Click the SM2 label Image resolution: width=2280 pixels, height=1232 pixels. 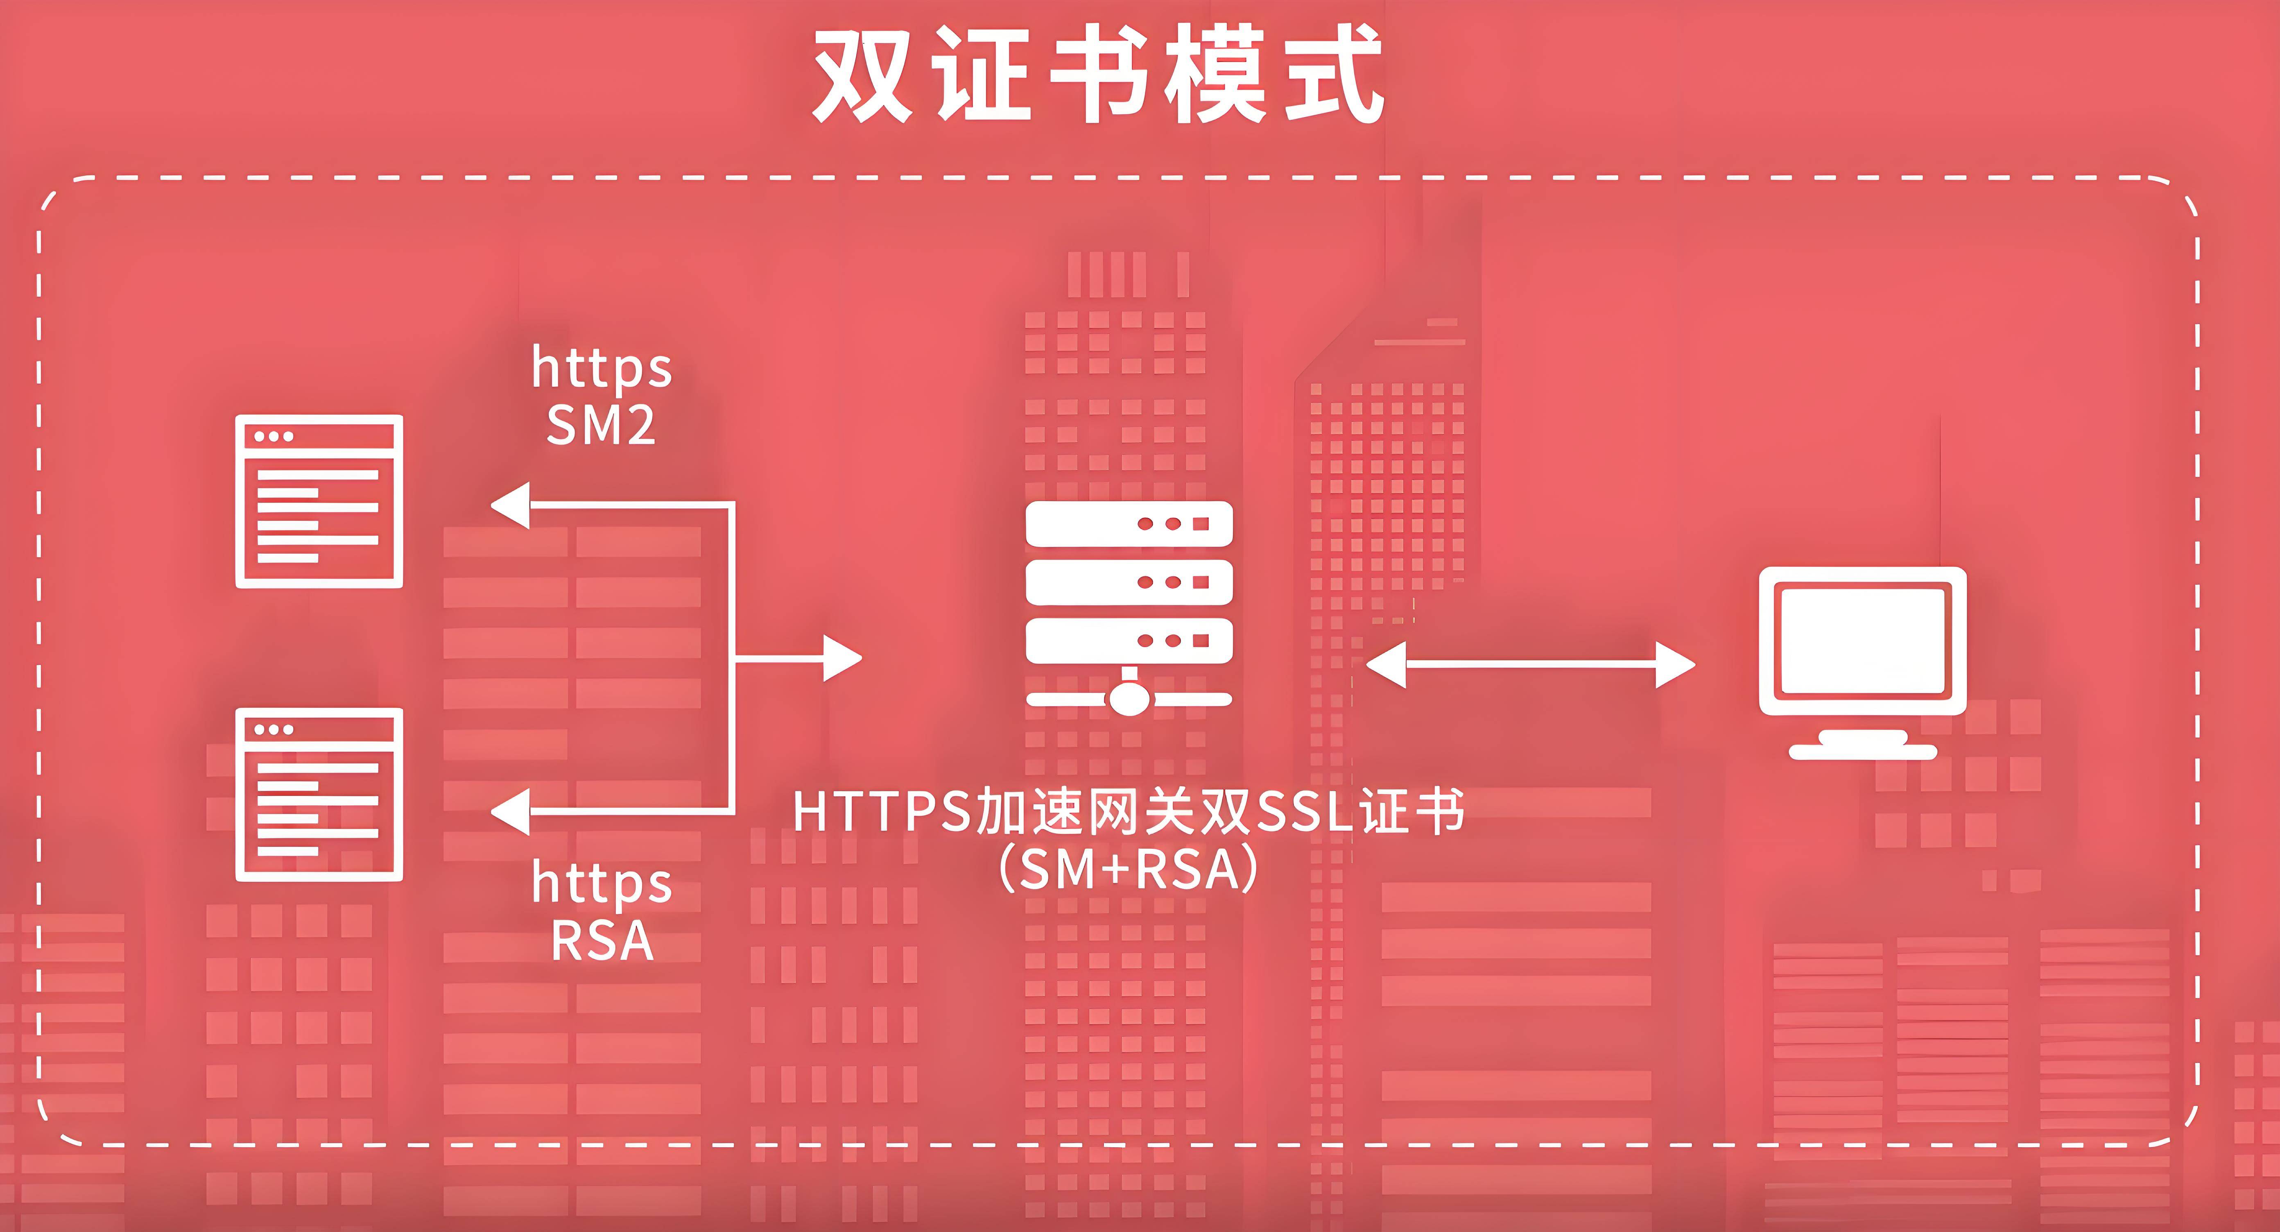point(601,426)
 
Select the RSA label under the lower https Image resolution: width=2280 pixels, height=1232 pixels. point(602,941)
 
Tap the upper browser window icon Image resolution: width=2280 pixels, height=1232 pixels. point(319,501)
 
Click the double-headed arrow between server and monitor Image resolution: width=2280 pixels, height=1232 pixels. point(1530,664)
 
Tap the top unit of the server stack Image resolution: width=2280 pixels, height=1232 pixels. point(1129,524)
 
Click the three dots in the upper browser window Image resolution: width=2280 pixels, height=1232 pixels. point(274,436)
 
